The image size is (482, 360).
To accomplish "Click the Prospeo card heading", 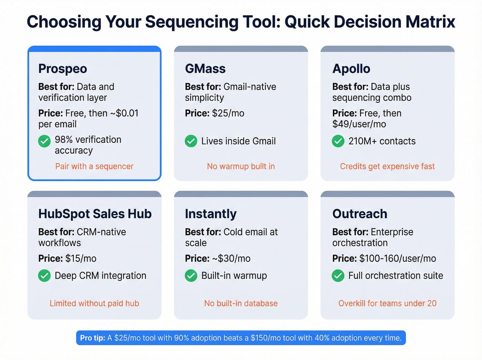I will coord(63,69).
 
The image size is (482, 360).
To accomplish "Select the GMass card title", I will coord(205,69).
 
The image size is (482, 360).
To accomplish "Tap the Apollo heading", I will coord(351,69).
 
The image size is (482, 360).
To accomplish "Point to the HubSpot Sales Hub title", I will coord(95,214).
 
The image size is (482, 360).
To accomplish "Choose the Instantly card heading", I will coord(211,214).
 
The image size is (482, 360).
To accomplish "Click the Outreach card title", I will coord(360,214).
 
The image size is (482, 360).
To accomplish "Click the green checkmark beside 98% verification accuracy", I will coord(44,141).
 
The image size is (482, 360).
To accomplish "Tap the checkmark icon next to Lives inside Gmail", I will coord(191,141).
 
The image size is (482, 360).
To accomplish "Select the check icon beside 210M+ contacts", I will coord(338,141).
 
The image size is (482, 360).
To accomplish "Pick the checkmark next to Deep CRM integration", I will coord(44,276).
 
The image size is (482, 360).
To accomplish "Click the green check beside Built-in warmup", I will coord(191,276).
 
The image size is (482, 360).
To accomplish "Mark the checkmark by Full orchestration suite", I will coord(338,276).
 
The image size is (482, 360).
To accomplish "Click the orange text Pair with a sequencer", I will coord(94,166).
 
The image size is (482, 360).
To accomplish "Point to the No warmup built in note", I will coord(241,166).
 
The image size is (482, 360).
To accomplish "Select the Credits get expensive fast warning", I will coord(387,166).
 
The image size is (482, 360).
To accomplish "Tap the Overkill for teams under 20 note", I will coord(387,304).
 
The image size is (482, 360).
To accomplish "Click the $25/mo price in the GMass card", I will coord(228,113).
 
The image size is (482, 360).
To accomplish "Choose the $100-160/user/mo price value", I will coord(398,259).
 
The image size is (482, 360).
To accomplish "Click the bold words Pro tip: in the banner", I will coord(93,338).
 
